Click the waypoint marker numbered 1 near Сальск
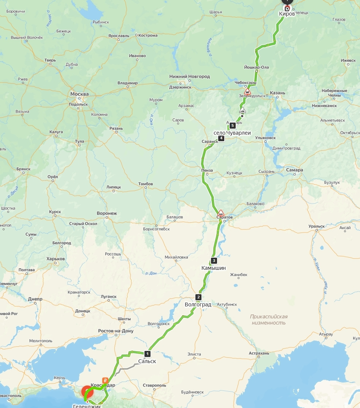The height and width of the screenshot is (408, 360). (147, 354)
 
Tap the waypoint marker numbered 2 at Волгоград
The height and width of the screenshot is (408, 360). (198, 297)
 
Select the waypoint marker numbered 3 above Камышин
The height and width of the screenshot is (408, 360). (214, 261)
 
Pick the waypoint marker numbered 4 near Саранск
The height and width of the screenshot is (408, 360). (221, 138)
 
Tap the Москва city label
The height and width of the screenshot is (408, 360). (79, 94)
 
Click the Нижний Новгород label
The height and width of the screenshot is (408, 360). (189, 76)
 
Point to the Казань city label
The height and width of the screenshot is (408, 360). (277, 93)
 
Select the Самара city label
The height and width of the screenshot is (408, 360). (295, 170)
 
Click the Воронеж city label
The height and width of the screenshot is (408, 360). (107, 214)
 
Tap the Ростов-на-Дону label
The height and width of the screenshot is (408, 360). (116, 331)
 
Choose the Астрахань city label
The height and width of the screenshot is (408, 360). (259, 353)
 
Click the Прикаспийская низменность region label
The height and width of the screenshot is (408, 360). (268, 320)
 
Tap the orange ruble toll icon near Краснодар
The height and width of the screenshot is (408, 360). (105, 380)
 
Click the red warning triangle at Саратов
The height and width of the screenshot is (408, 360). (221, 212)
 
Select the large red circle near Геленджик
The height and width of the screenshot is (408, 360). (87, 392)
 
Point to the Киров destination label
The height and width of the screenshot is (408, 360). (287, 14)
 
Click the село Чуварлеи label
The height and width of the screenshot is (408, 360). (232, 132)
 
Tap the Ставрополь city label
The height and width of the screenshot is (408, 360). (154, 385)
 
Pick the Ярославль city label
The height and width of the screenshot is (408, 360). (118, 36)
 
